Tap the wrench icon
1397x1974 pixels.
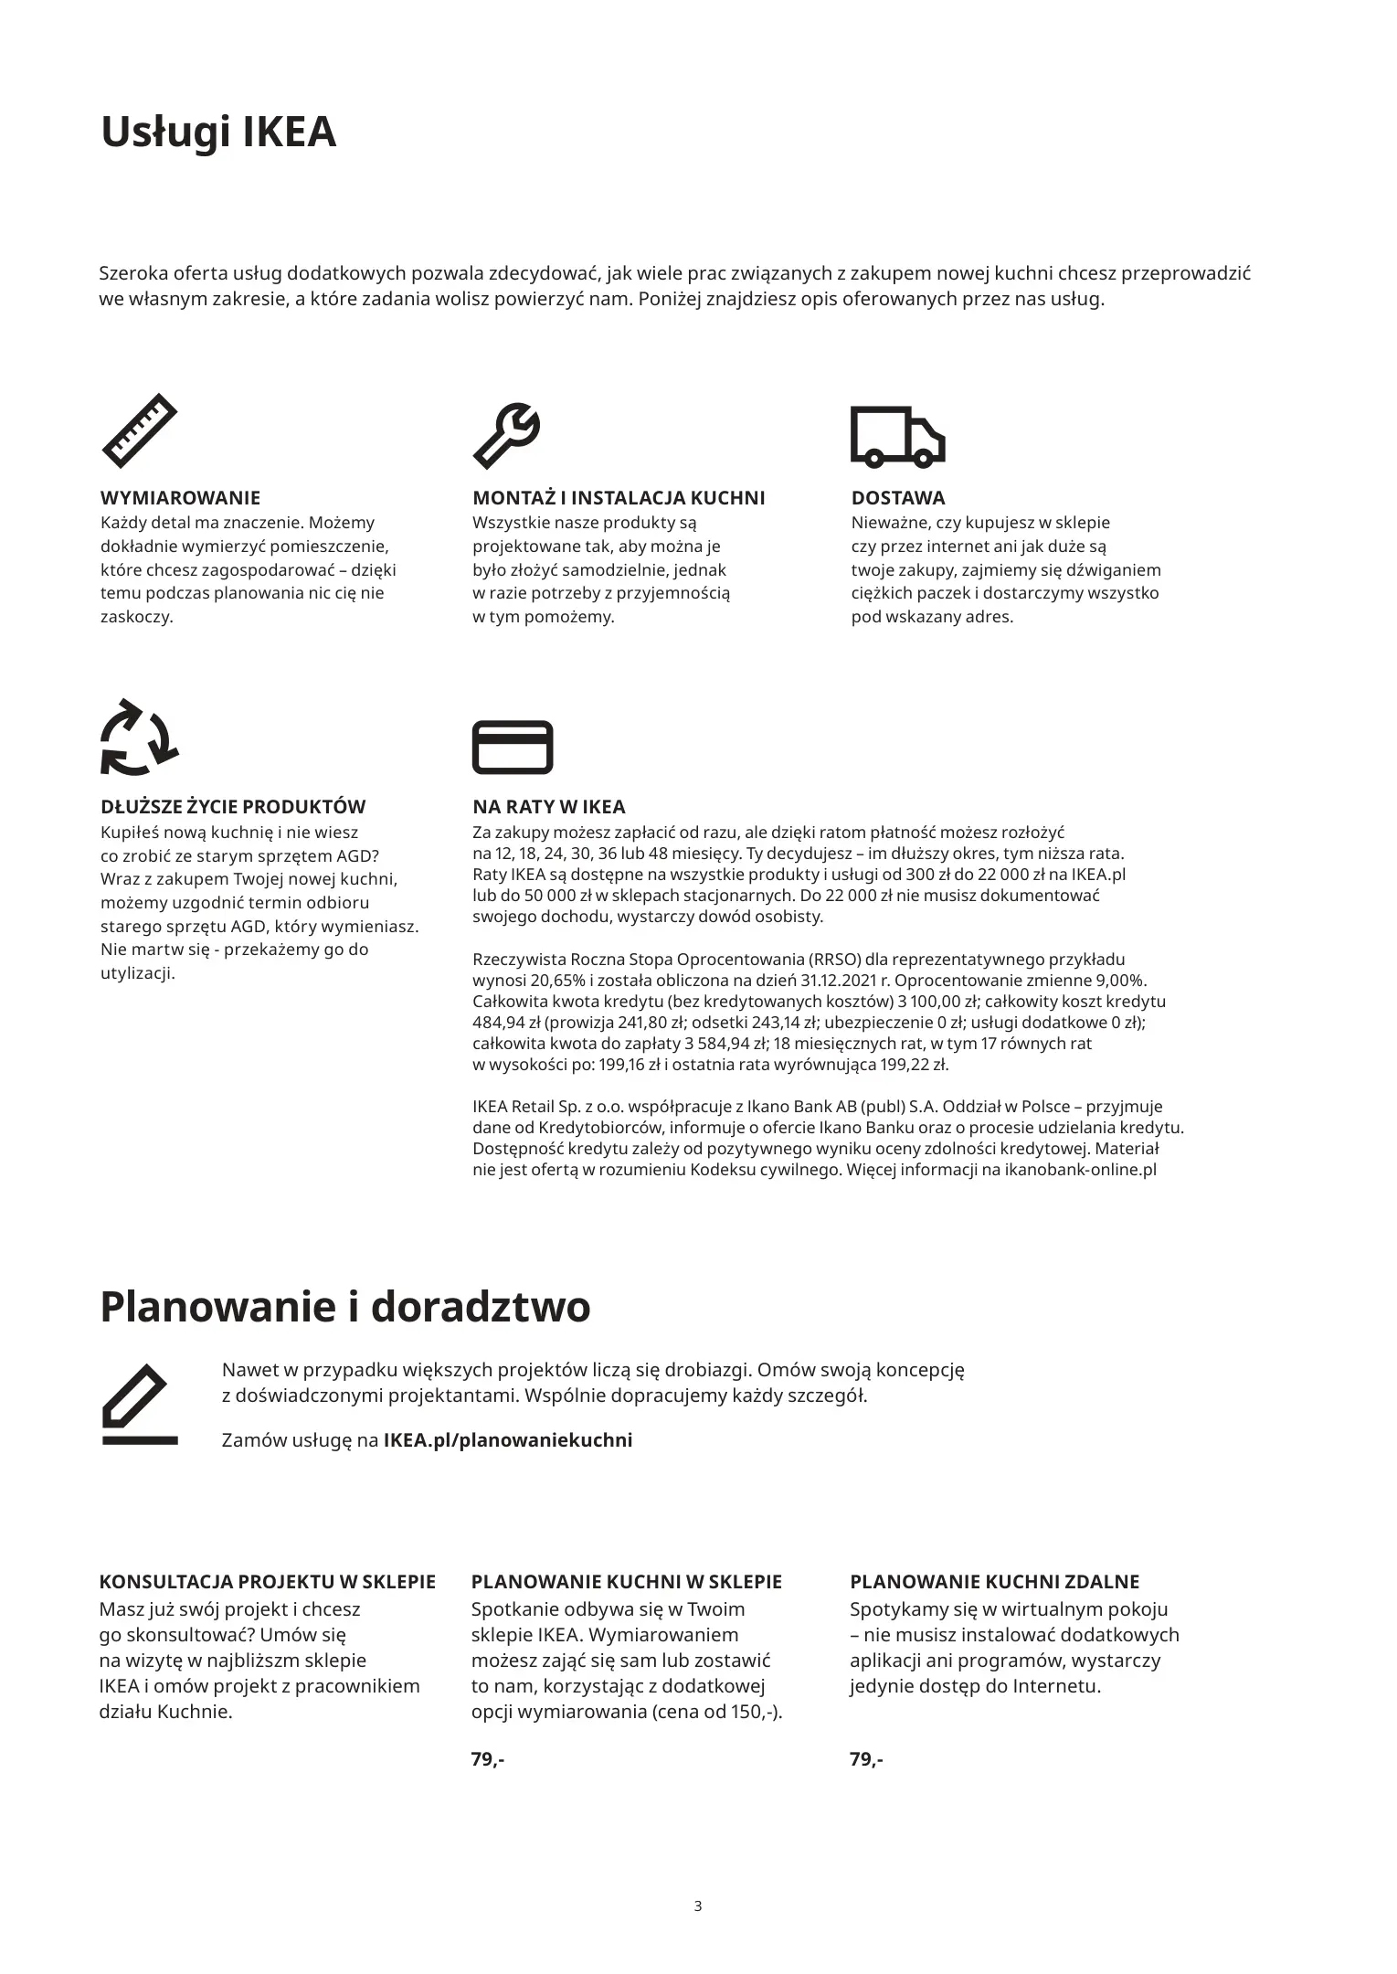pyautogui.click(x=506, y=434)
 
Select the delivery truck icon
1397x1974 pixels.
pyautogui.click(x=896, y=435)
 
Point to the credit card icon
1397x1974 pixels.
pyautogui.click(x=512, y=747)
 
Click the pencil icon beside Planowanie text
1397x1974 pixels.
pyautogui.click(x=139, y=1405)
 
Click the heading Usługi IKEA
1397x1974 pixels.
pyautogui.click(x=218, y=133)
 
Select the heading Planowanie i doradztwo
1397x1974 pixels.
pyautogui.click(x=344, y=1307)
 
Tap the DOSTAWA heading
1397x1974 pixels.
pyautogui.click(x=897, y=498)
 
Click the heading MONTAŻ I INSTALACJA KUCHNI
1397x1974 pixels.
pyautogui.click(x=619, y=498)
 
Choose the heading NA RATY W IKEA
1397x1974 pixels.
pyautogui.click(x=548, y=807)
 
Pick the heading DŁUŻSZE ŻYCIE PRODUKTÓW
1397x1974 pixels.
pyautogui.click(x=232, y=807)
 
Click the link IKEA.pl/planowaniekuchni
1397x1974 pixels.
pyautogui.click(x=508, y=1440)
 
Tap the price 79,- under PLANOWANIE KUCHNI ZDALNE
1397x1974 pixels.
pyautogui.click(x=866, y=1759)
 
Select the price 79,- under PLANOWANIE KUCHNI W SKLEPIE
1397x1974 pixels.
pyautogui.click(x=488, y=1759)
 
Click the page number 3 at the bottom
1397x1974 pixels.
pyautogui.click(x=698, y=1906)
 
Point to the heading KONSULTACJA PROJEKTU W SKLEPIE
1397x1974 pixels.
pyautogui.click(x=267, y=1582)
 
